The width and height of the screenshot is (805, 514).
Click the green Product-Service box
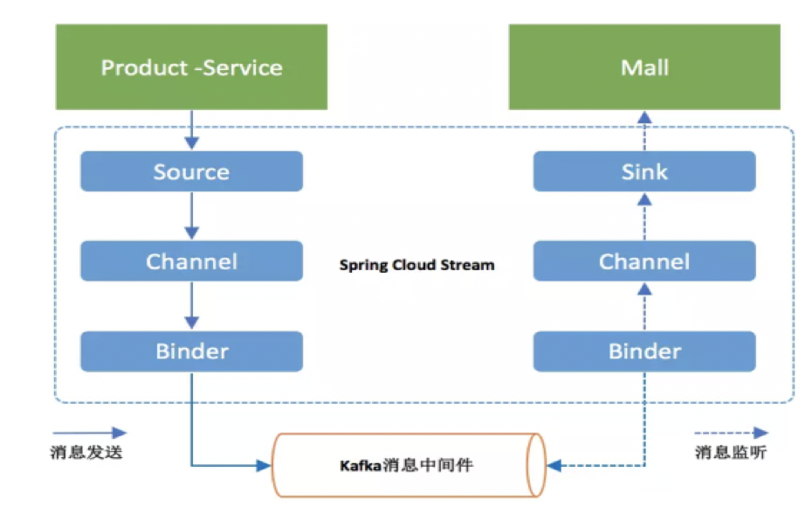[191, 67]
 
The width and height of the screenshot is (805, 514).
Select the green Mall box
[644, 67]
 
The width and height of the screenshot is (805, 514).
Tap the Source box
[191, 171]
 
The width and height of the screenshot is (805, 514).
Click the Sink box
[644, 171]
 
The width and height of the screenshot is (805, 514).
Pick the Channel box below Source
[191, 261]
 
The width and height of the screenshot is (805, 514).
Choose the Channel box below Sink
[644, 261]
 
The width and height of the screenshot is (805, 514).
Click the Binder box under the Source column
[191, 351]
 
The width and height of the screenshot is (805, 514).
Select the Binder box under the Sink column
[644, 351]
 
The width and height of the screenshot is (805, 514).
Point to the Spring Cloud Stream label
[416, 265]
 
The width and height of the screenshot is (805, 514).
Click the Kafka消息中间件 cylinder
[407, 465]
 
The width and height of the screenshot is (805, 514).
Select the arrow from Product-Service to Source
[192, 130]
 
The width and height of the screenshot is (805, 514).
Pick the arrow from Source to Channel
[192, 216]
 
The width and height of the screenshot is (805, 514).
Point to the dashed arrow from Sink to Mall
[644, 130]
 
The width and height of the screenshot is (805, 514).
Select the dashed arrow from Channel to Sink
[644, 216]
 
